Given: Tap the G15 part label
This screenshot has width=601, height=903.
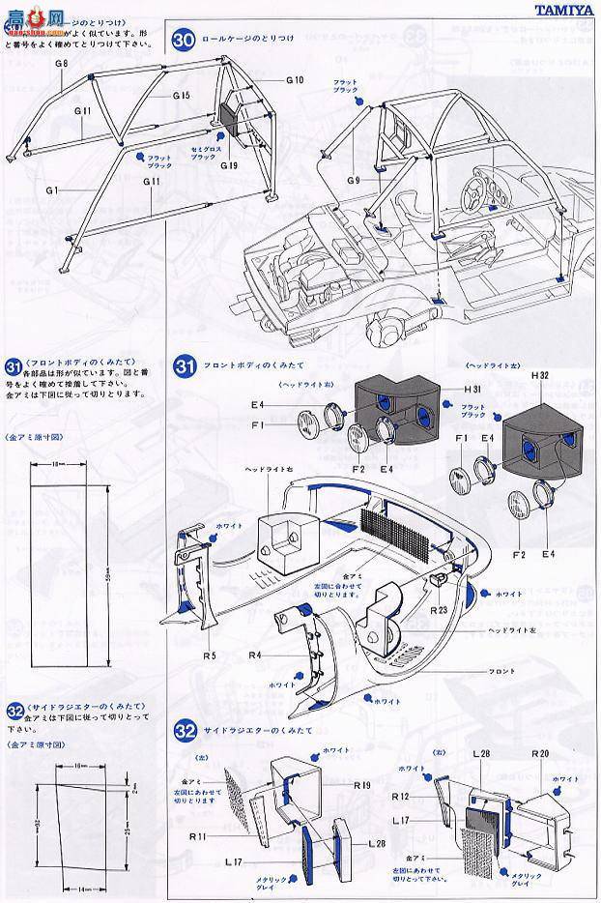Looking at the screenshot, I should (x=181, y=95).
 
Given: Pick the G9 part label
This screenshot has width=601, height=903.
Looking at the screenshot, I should (x=353, y=179).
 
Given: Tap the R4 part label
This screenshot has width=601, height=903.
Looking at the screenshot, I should (x=256, y=655).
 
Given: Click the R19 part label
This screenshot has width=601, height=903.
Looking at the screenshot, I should (x=362, y=785).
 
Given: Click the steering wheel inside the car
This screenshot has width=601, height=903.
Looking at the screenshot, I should (x=478, y=181).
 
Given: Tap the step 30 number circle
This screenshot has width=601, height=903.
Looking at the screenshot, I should (x=185, y=40).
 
